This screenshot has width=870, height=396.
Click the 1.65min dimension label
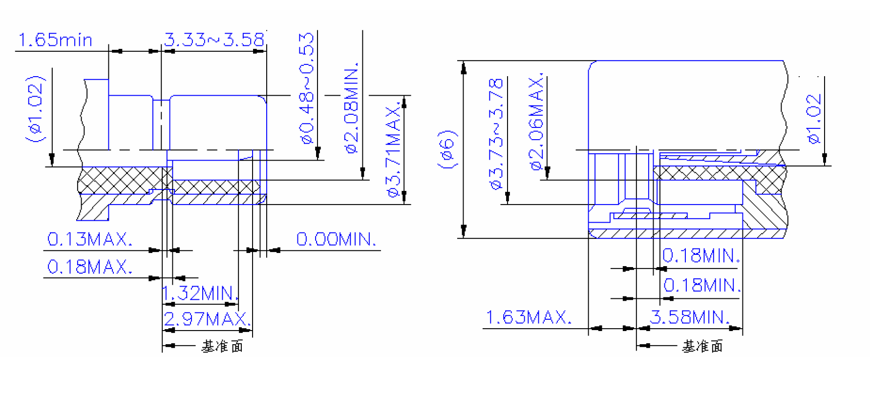(x=55, y=40)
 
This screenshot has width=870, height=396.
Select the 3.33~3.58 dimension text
(x=214, y=40)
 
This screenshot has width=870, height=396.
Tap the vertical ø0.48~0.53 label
(x=307, y=88)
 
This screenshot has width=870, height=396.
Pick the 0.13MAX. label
(x=89, y=239)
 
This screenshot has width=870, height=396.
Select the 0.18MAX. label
(x=89, y=267)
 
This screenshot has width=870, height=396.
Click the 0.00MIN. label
(x=336, y=239)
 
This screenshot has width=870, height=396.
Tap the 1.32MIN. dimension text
(x=199, y=293)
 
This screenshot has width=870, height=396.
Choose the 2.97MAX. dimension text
(x=207, y=319)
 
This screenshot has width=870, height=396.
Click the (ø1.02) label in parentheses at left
(x=35, y=108)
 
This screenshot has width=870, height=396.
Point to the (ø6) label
(x=447, y=149)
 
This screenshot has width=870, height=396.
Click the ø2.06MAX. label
(x=536, y=122)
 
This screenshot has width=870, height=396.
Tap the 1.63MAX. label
(x=528, y=317)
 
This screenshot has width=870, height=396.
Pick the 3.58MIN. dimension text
(x=689, y=317)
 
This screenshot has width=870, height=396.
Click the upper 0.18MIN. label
(x=700, y=255)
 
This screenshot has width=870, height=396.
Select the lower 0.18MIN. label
(x=701, y=285)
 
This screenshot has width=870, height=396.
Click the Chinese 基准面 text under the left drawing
(x=222, y=346)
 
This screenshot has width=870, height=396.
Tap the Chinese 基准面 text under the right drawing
(x=702, y=346)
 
